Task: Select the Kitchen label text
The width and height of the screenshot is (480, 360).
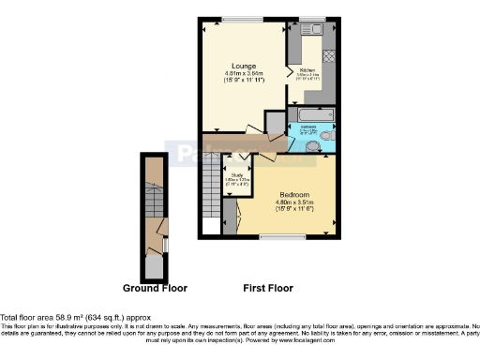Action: pos(308,69)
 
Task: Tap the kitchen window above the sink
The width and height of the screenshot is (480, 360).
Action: pos(311,18)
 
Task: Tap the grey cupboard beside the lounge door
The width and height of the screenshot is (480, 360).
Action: pos(275,123)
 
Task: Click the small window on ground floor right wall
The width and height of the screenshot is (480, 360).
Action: pos(165,245)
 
